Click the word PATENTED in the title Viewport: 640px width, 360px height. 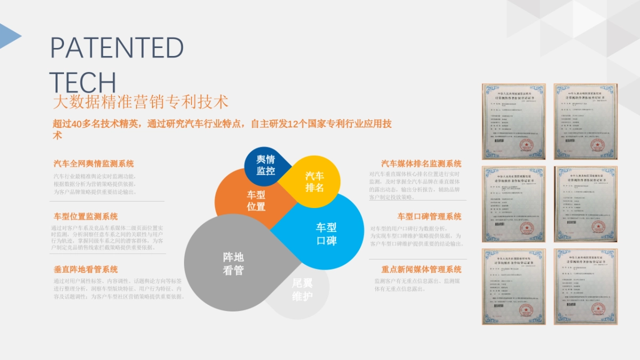117,48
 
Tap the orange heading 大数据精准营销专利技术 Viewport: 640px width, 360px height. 141,101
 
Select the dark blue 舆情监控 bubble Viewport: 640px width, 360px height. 265,165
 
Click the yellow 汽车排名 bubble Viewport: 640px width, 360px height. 314,182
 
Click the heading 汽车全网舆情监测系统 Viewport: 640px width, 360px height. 93,164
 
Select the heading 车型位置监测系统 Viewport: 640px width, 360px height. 85,217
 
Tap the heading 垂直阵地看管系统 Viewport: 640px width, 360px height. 85,269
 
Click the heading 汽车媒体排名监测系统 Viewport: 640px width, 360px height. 421,164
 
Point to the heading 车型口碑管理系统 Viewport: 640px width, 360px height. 429,217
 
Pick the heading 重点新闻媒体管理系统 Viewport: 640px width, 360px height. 421,269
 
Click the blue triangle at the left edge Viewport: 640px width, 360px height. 9,35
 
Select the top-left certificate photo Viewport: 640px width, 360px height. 514,121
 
